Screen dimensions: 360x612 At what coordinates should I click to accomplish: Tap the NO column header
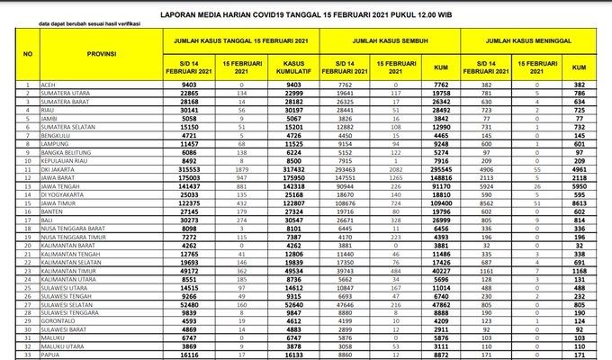[x=28, y=55]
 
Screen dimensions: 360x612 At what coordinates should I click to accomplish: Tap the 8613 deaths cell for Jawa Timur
[x=579, y=204]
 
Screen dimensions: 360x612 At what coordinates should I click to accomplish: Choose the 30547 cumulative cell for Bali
[x=295, y=221]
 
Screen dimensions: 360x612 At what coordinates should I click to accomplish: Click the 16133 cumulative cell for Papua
[x=295, y=354]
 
